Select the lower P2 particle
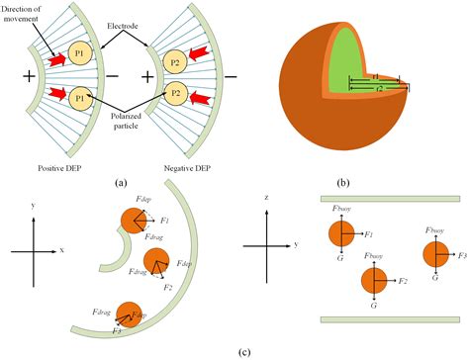(175, 96)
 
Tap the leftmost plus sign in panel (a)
(17, 76)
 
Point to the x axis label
(62, 250)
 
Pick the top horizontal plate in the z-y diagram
(391, 200)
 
